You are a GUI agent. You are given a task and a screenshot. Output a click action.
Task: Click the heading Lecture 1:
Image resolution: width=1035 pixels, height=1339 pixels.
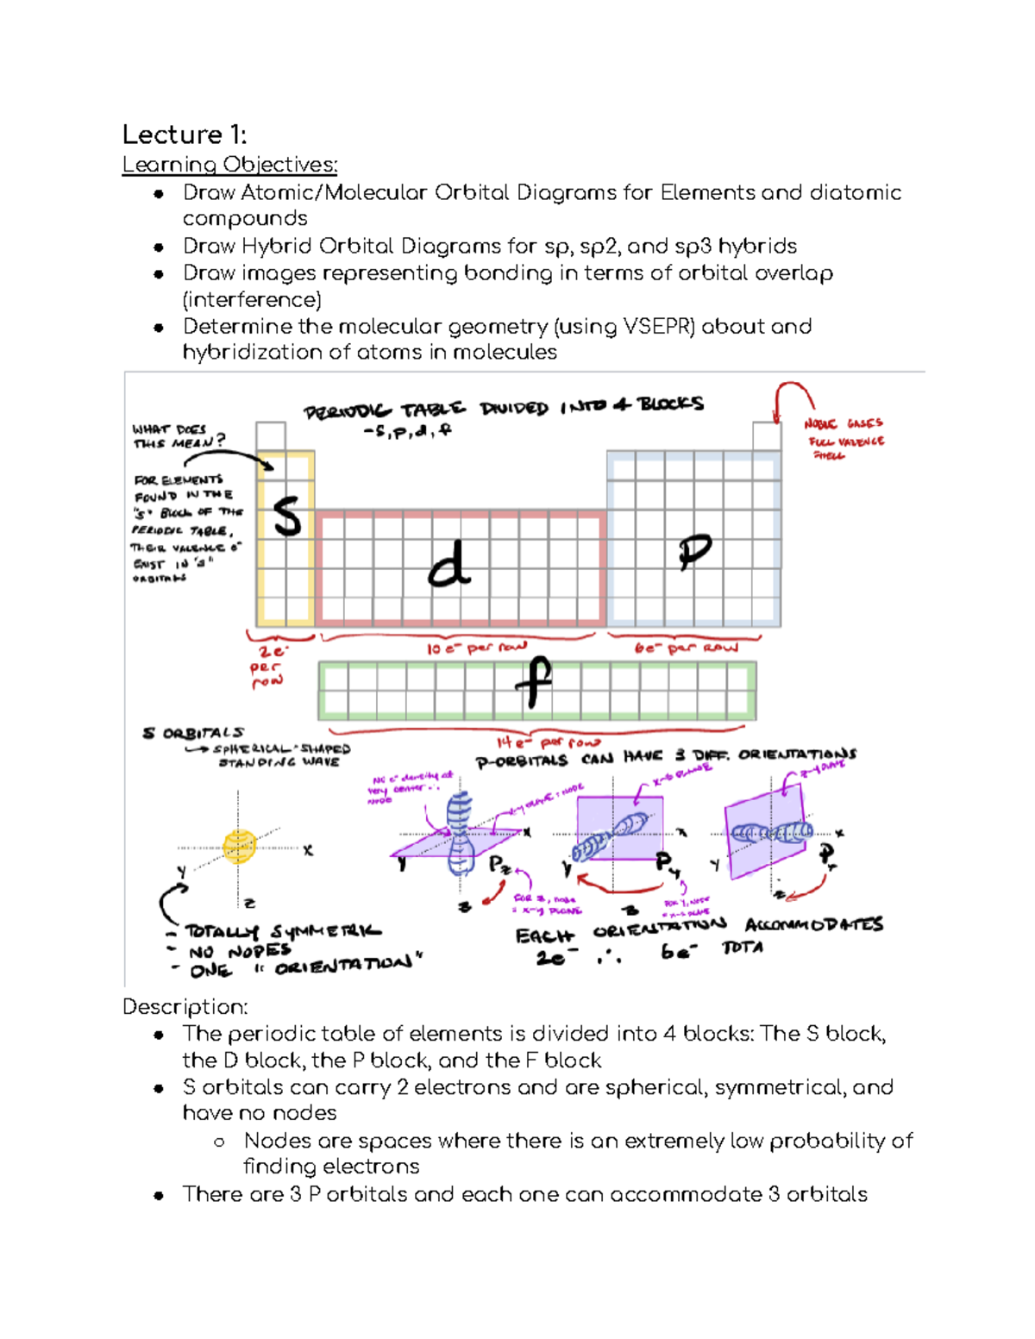[184, 135]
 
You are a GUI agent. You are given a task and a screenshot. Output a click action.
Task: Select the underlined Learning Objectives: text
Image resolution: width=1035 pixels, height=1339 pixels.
[229, 164]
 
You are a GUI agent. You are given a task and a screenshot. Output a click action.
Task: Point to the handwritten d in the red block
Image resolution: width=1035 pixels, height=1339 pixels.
[449, 566]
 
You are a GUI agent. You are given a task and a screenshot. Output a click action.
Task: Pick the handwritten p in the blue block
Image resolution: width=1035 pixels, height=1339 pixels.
[693, 552]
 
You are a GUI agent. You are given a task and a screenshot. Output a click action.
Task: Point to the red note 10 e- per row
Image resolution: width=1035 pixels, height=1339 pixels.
[476, 648]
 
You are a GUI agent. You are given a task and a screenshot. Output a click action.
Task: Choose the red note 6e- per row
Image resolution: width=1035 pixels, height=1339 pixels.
[686, 648]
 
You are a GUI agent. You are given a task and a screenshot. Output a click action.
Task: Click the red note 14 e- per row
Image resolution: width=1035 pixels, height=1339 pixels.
[548, 741]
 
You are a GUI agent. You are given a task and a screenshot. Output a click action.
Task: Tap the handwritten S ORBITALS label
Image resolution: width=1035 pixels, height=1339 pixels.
[193, 733]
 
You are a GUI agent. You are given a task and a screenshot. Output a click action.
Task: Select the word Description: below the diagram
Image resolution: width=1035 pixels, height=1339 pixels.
[185, 1007]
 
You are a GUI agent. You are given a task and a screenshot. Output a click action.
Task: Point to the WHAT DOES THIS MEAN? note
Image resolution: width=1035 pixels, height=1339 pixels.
[178, 436]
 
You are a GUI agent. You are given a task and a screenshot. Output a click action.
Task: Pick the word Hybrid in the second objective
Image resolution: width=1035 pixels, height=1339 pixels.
[276, 247]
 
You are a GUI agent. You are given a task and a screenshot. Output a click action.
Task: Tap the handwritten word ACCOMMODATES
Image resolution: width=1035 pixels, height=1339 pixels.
[813, 924]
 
